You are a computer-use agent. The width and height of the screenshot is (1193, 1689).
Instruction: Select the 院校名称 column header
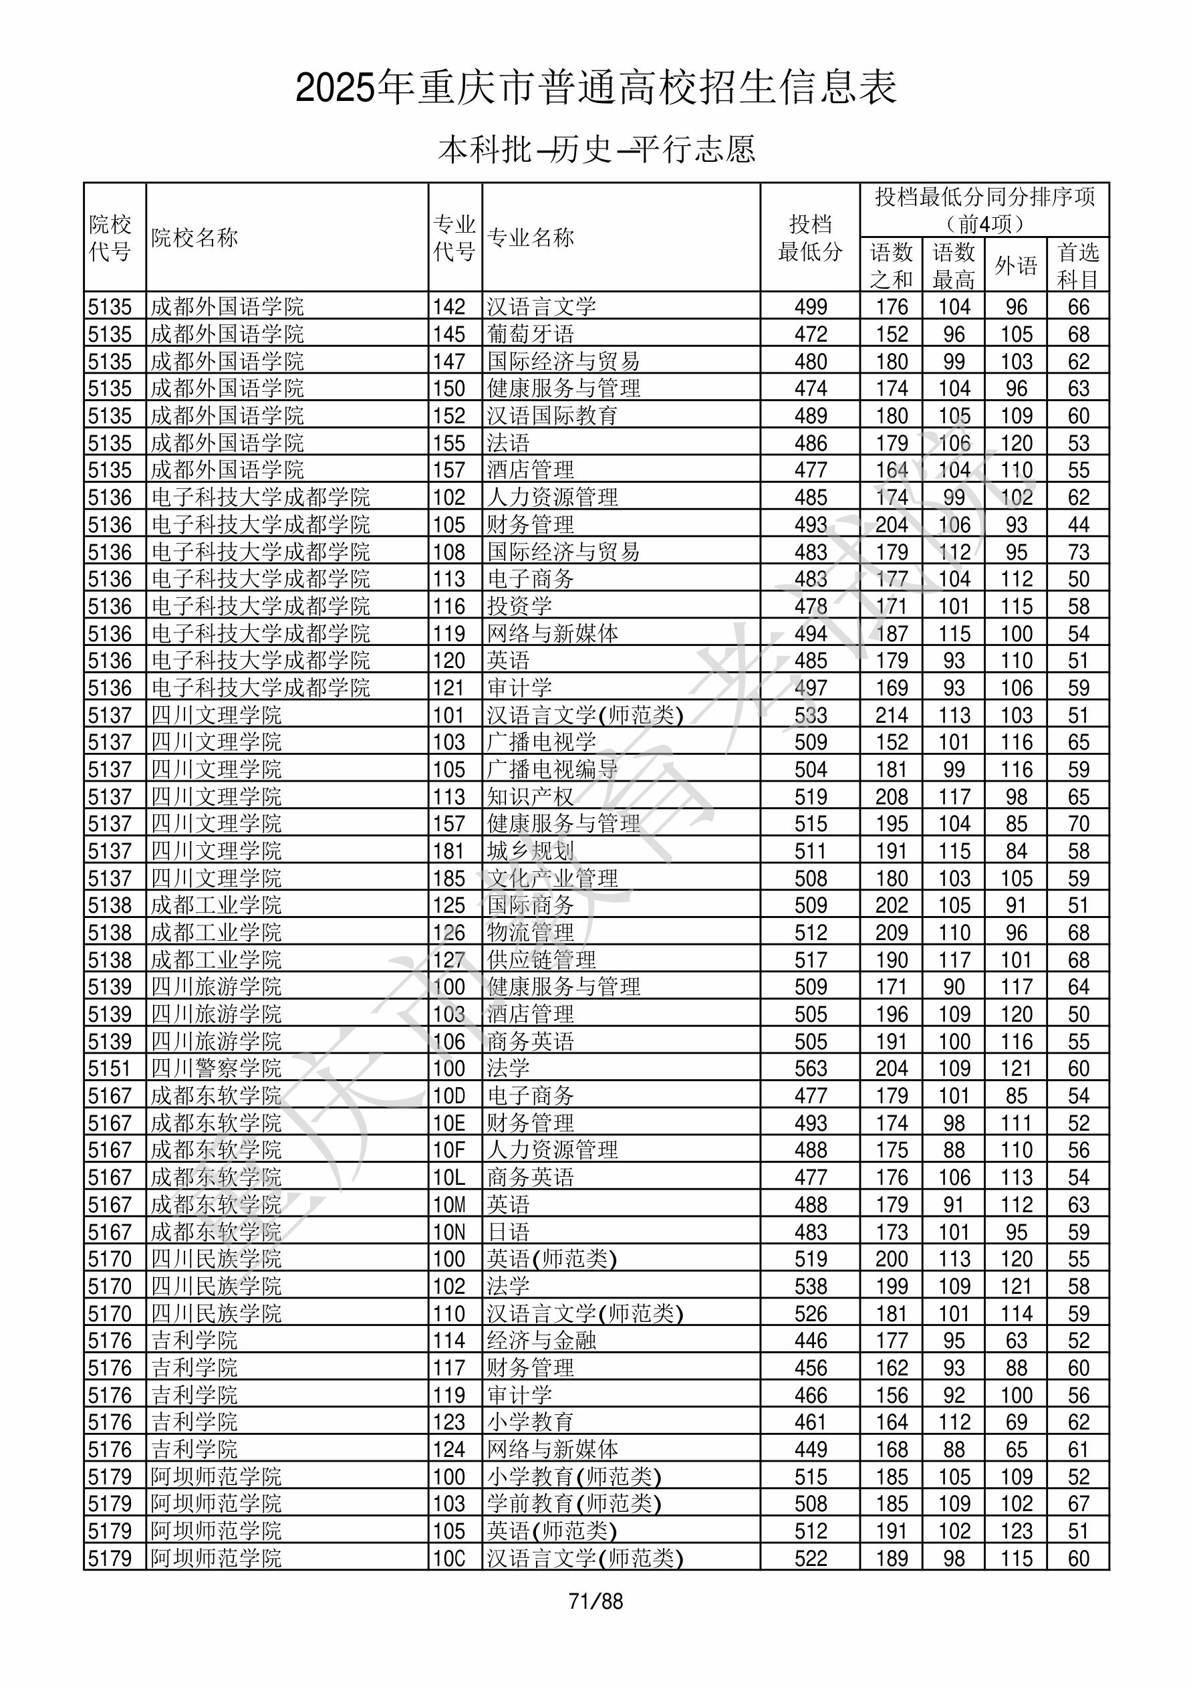pos(195,237)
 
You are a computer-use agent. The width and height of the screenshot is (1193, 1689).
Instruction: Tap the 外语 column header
pos(1016,265)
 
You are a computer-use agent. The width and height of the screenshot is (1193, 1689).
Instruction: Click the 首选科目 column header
pos(1077,265)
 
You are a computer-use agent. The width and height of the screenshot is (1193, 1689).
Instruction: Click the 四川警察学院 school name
pos(217,1068)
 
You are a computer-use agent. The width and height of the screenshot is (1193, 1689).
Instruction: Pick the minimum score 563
pos(811,1068)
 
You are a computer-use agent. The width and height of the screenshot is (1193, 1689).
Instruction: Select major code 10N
pos(449,1232)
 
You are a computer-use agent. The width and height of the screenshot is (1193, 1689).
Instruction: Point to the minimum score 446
pos(811,1341)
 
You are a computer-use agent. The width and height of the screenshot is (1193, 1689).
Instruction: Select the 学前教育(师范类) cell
pos(573,1504)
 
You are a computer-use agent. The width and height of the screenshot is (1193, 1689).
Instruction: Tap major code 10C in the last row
pos(449,1558)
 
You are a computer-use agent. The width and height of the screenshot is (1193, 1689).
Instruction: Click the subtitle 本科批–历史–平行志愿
pos(596,149)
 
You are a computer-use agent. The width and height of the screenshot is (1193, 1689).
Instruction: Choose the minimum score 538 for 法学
pos(811,1286)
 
